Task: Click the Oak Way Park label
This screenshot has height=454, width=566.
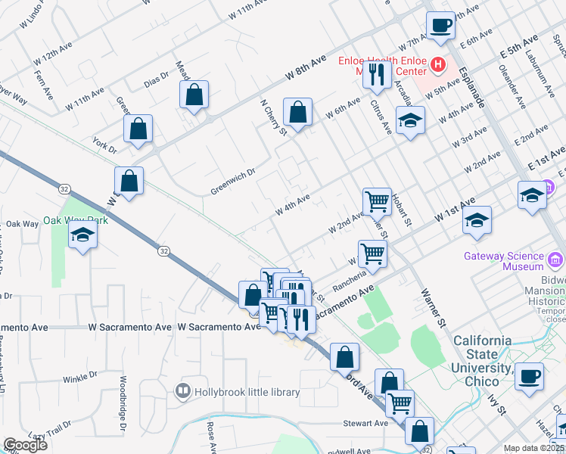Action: pos(76,220)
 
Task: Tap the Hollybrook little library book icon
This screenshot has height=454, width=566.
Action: pos(182,391)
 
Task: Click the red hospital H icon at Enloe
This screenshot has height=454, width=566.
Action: pos(437,65)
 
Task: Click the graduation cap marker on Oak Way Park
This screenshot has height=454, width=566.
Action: pos(83,236)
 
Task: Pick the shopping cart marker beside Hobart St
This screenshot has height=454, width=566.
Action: pos(377,201)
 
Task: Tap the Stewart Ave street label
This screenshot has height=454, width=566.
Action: pos(365,424)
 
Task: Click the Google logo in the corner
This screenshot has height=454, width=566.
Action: pos(25,445)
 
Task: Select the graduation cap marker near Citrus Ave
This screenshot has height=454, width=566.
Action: pos(410,120)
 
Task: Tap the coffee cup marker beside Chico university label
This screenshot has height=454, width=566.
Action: pos(529,375)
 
